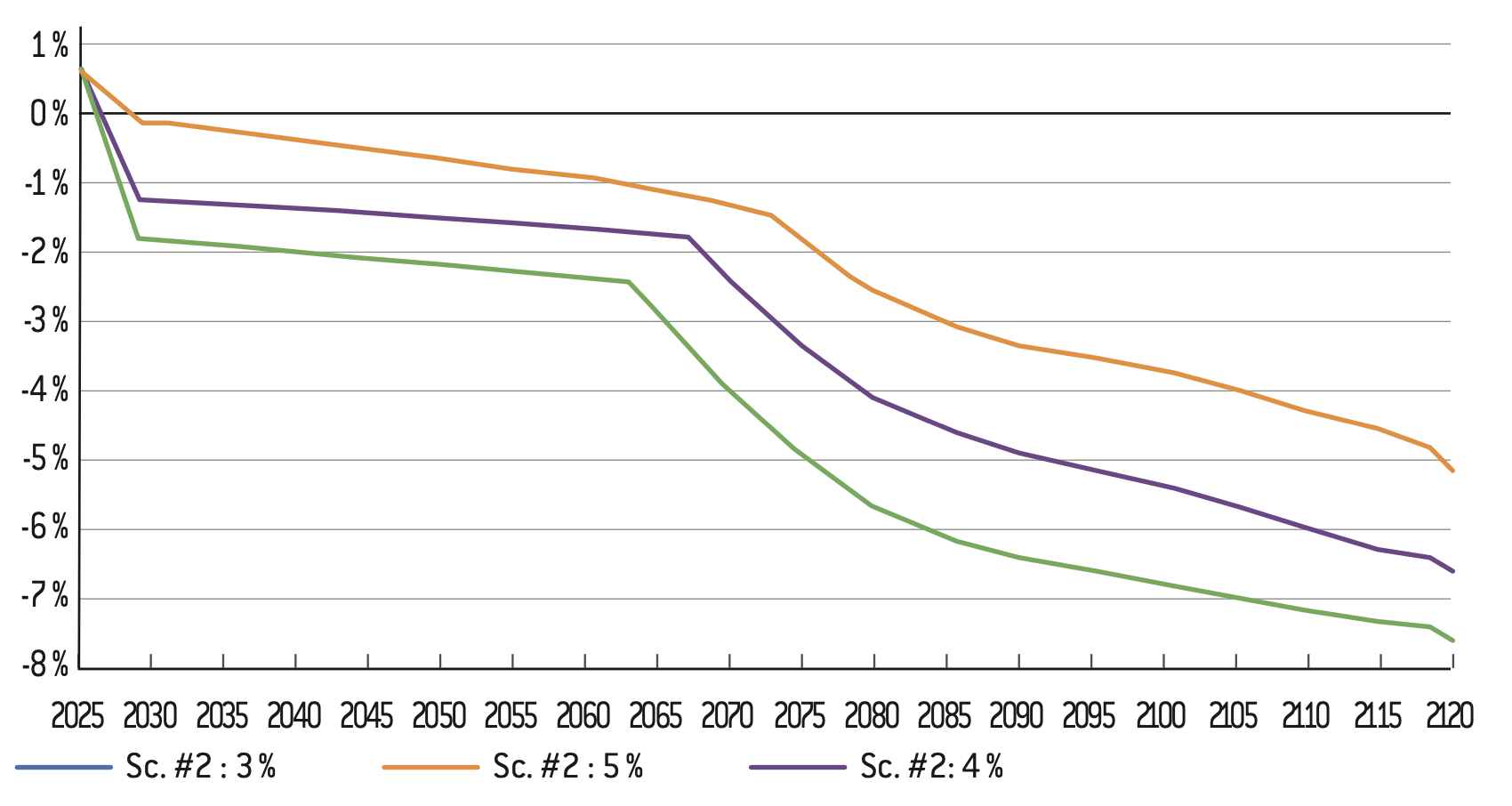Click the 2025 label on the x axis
click(x=77, y=715)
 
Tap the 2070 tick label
click(x=728, y=715)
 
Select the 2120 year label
click(x=1450, y=715)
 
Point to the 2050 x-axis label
click(x=439, y=715)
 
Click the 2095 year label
click(x=1089, y=715)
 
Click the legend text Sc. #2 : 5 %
click(x=567, y=767)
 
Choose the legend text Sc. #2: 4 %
click(x=931, y=767)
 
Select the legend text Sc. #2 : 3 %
click(x=200, y=767)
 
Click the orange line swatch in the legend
click(x=430, y=767)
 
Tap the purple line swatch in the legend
click(x=798, y=767)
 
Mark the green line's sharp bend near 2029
click(x=138, y=238)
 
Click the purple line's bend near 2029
click(x=139, y=199)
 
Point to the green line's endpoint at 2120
click(x=1452, y=641)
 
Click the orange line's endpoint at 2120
click(x=1452, y=471)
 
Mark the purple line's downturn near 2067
click(x=688, y=237)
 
